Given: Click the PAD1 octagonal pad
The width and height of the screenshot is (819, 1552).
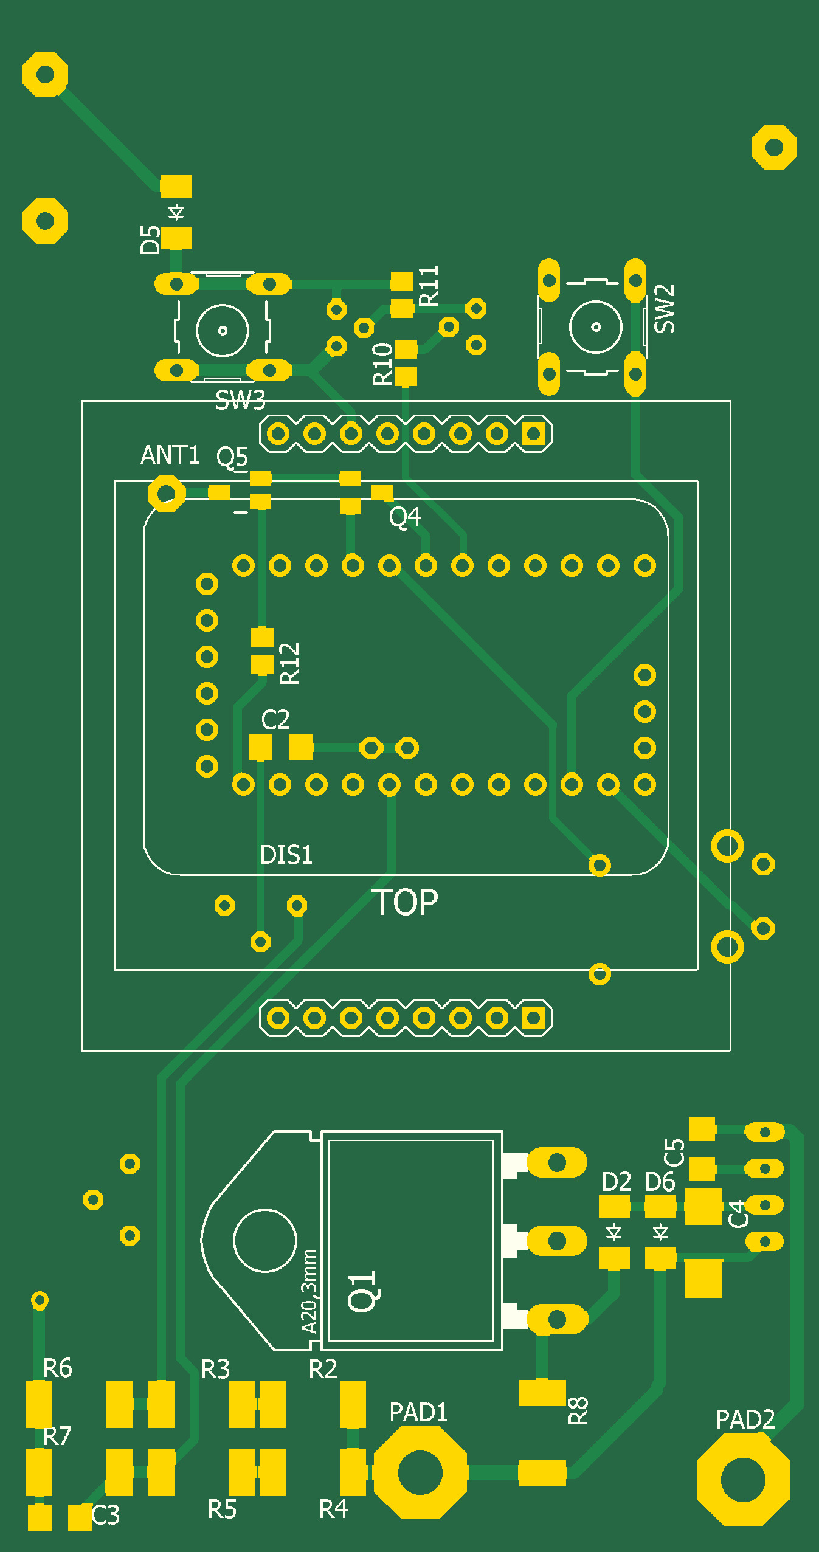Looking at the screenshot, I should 420,1472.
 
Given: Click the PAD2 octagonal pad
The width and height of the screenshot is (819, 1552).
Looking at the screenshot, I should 742,1480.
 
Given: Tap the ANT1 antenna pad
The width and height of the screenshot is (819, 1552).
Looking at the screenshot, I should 166,494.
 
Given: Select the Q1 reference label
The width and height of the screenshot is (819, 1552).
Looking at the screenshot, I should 363,1291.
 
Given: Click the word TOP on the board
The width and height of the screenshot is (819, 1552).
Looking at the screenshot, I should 405,902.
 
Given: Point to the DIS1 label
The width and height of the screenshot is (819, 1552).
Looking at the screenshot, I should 286,855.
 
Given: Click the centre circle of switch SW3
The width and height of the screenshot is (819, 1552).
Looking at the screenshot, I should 223,330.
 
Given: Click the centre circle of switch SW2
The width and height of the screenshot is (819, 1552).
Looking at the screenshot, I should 596,326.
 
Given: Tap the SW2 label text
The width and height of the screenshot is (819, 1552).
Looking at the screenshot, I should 665,308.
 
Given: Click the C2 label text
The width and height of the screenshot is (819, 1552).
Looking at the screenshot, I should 275,720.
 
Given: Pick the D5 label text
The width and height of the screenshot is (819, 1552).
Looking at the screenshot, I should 150,239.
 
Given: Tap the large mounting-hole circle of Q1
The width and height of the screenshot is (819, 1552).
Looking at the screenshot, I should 264,1240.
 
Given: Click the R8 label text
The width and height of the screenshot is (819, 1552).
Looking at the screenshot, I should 578,1410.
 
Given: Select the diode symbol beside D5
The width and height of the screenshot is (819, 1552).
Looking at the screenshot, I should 176,212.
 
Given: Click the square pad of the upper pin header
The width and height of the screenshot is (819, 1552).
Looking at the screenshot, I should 534,434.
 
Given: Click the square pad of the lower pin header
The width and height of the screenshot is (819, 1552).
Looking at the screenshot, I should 534,1018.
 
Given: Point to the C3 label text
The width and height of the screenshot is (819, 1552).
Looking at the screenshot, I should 106,1516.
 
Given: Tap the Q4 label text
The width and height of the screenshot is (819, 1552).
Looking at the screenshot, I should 405,517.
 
